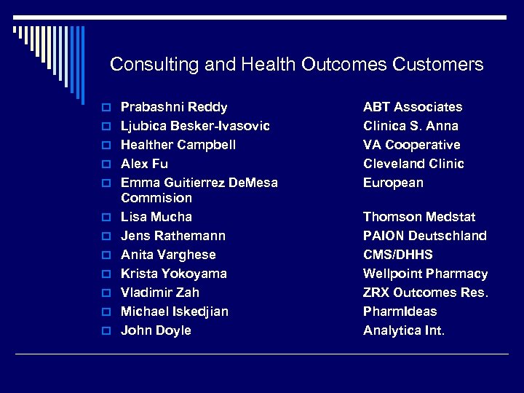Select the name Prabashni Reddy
coord(174,107)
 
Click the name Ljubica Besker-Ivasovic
coord(195,126)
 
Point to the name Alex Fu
coord(144,164)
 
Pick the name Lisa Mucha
coord(156,217)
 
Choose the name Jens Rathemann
coord(173,236)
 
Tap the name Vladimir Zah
coord(160,293)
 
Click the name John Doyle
coord(156,330)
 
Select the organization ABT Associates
coord(413,107)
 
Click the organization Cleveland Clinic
coord(413,164)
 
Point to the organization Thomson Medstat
coord(419,217)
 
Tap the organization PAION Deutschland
coord(425,236)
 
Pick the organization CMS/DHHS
coord(398,255)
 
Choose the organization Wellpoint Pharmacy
coord(426,274)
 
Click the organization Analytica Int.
coord(404,330)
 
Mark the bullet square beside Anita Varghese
coord(106,255)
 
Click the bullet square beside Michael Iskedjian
coord(106,312)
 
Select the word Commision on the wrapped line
coord(156,198)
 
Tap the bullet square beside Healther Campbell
coord(106,146)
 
